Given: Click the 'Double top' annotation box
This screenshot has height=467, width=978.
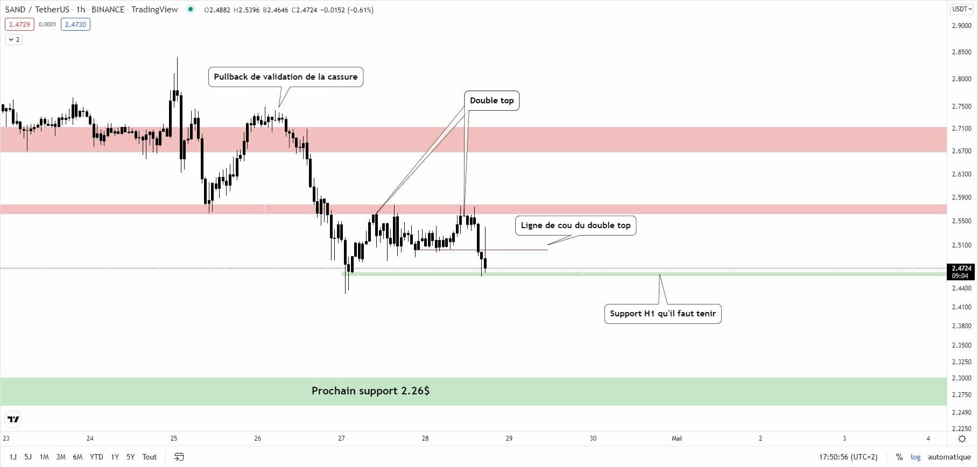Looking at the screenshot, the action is pos(491,101).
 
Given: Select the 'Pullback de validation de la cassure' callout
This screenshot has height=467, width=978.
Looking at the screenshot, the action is pos(286,77).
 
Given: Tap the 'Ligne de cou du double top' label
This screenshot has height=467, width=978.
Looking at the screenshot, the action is pos(575,225).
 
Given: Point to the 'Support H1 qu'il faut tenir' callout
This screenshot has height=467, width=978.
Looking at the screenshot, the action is pos(663,314).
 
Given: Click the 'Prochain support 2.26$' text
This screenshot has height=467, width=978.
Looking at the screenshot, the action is pos(370,391).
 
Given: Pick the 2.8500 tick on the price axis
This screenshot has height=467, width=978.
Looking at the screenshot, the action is pos(961,52).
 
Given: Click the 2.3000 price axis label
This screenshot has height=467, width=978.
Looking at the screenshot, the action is pos(961,378).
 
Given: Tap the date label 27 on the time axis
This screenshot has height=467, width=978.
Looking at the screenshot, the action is pos(341,438).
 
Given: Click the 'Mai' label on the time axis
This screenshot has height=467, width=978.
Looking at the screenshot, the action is pos(677,438).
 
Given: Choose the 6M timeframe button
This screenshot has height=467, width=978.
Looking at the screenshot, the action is pos(78,457).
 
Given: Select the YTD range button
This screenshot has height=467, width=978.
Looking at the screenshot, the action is pos(96,457).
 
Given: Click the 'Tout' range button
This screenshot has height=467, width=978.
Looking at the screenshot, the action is pos(150,457).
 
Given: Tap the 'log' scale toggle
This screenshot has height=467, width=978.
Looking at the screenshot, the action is pos(916,457).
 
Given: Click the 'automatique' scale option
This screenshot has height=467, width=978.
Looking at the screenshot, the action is pos(949,457).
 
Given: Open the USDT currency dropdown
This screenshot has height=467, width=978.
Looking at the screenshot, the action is pos(962,9).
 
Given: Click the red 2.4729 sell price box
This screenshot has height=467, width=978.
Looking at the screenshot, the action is pos(19,24).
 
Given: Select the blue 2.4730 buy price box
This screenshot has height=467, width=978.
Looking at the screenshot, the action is pos(75,24).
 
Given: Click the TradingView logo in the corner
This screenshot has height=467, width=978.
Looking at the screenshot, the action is pos(13,419).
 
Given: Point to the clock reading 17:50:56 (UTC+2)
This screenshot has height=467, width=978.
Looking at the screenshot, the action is pos(848,457).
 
